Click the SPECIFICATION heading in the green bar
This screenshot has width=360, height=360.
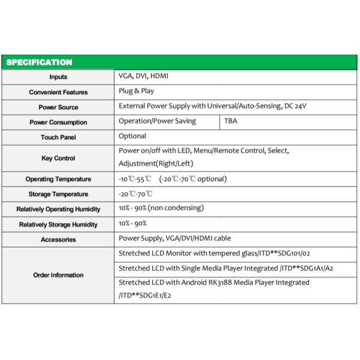click(38, 62)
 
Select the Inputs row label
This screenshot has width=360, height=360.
click(58, 77)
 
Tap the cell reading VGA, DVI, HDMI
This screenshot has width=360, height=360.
click(143, 77)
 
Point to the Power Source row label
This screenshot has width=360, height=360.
click(58, 107)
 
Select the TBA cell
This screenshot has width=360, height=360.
click(230, 121)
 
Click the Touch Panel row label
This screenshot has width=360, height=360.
click(58, 137)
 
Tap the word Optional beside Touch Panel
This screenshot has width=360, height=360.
click(133, 136)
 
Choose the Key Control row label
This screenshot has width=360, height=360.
click(58, 158)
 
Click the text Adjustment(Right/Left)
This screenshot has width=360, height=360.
click(155, 163)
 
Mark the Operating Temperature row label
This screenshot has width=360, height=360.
click(58, 179)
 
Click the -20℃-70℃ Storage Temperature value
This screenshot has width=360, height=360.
click(136, 194)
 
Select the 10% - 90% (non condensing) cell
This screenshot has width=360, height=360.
click(161, 208)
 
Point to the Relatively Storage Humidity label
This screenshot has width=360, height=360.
click(58, 224)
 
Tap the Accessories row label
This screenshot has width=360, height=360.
click(58, 239)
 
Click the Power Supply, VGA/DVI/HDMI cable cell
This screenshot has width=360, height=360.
click(174, 238)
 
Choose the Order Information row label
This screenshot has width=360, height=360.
click(58, 275)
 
